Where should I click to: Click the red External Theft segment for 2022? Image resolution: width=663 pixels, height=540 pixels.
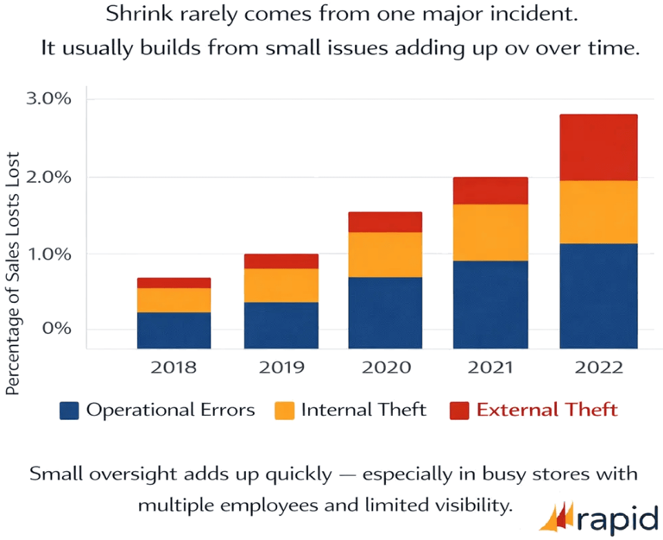coord(597,148)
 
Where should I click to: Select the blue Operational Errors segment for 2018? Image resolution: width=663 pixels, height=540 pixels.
coord(174,330)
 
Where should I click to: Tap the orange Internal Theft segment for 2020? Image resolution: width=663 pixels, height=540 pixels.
coord(385,254)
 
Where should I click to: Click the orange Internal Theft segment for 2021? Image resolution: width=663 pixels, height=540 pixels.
coord(491,232)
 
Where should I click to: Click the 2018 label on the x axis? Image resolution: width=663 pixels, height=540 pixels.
coord(174,367)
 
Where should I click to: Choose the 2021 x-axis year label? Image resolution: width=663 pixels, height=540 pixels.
coord(491,367)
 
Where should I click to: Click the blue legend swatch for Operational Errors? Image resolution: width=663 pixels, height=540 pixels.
coord(69,409)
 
